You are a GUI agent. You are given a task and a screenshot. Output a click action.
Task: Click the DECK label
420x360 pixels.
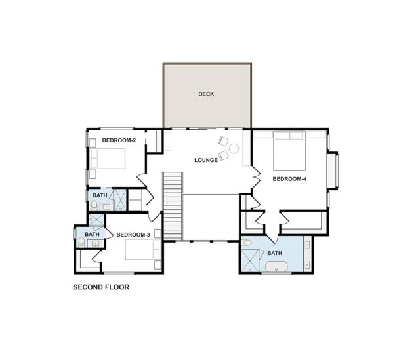pyautogui.click(x=206, y=94)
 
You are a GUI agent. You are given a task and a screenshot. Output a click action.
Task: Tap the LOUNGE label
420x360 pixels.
pyautogui.click(x=206, y=160)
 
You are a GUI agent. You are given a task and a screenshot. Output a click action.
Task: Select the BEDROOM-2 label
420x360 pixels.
pyautogui.click(x=119, y=140)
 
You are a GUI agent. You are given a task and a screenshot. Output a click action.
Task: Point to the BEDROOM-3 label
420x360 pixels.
pyautogui.click(x=133, y=235)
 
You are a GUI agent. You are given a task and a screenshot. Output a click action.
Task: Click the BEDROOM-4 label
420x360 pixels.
pyautogui.click(x=289, y=179)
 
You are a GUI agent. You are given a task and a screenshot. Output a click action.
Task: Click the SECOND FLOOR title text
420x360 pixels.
pyautogui.click(x=101, y=287)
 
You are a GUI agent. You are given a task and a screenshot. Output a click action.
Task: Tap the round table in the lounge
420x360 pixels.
pyautogui.click(x=234, y=149)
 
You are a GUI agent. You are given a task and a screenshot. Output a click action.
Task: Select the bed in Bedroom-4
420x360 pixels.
pyautogui.click(x=289, y=151)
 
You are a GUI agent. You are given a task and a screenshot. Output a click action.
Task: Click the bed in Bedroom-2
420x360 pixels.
pyautogui.click(x=108, y=159)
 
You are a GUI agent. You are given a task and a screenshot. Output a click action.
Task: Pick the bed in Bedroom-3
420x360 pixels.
pyautogui.click(x=143, y=249)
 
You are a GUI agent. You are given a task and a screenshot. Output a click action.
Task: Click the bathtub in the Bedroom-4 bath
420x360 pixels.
pyautogui.click(x=276, y=267)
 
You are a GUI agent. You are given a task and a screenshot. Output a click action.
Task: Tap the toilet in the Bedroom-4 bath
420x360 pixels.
pyautogui.click(x=247, y=243)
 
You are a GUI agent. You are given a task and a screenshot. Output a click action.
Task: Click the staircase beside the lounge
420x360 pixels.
pyautogui.click(x=173, y=206)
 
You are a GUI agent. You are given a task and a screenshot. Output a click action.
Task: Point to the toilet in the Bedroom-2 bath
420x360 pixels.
pyautogui.click(x=94, y=205)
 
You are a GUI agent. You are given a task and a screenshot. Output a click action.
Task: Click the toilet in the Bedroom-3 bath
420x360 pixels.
pyautogui.click(x=81, y=242)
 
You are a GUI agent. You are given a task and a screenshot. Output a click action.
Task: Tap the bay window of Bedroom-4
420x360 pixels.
pyautogui.click(x=333, y=170)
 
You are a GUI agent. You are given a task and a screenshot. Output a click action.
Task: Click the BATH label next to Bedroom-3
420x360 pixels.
pyautogui.click(x=92, y=235)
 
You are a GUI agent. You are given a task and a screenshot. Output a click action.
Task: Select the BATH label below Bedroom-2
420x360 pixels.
pyautogui.click(x=100, y=195)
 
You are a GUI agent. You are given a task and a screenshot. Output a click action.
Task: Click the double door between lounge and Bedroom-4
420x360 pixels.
pyautogui.click(x=256, y=176)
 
